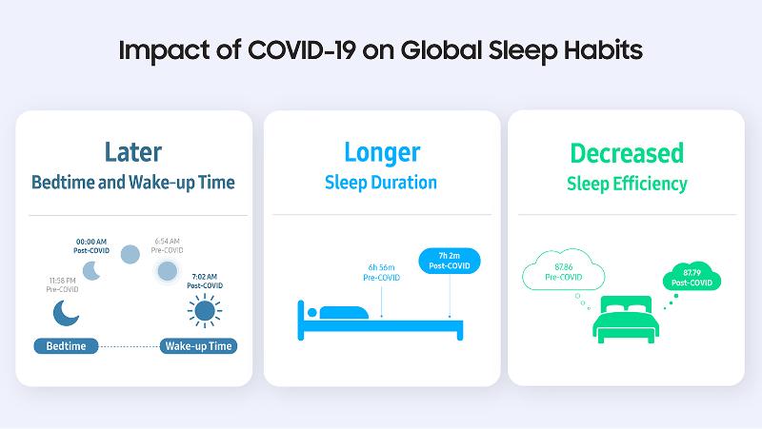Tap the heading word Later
pos(133,152)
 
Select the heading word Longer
pos(381,152)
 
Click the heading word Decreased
pos(626,152)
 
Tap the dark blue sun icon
pos(202,310)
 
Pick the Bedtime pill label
pos(67,345)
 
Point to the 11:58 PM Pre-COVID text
pos(63,283)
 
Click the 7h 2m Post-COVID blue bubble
pos(450,261)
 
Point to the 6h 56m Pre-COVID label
pos(382,273)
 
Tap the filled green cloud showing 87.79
pos(692,279)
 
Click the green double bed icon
pos(626,320)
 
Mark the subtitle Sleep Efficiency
pos(626,184)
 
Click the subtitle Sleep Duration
pos(381,182)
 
